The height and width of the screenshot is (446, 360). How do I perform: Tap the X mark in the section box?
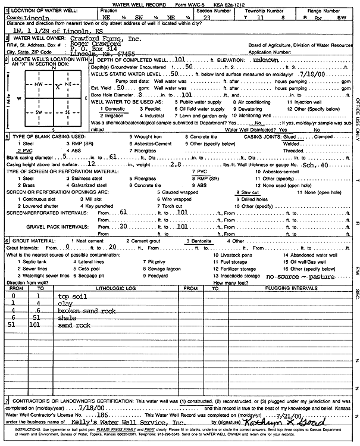pyautogui.click(x=58, y=86)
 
